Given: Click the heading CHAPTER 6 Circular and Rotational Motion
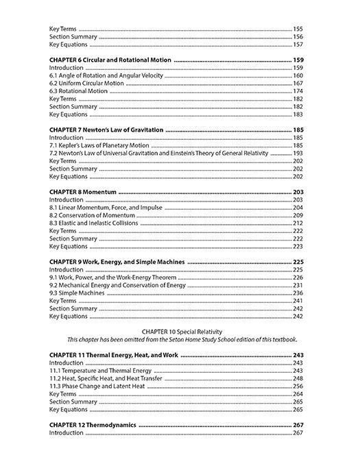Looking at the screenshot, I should click(110, 60).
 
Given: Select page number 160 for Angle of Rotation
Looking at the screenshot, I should click(298, 75).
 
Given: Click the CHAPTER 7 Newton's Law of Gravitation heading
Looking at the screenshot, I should click(106, 130).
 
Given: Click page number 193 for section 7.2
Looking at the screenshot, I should click(298, 153).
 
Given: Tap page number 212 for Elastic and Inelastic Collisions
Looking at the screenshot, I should click(298, 223).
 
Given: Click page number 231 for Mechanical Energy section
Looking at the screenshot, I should click(298, 285).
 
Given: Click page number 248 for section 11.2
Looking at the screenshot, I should click(298, 378).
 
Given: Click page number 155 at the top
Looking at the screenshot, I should click(298, 29).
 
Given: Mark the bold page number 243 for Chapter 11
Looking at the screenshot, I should click(298, 355).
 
